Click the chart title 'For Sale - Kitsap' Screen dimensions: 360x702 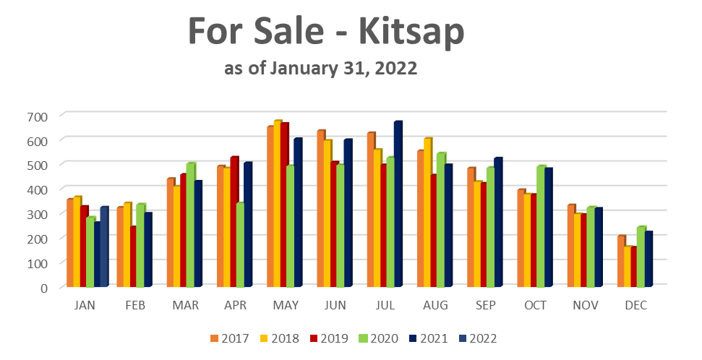coord(326,33)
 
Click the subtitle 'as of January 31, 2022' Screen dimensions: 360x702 coord(320,69)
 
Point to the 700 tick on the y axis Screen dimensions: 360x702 coord(38,116)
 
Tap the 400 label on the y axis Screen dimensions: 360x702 coord(38,189)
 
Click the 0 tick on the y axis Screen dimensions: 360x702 coord(43,287)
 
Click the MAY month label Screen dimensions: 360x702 coord(285,306)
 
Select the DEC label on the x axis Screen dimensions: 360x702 coord(635,306)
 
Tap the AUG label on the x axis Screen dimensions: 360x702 coord(435,306)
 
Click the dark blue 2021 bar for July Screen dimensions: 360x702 coord(397,206)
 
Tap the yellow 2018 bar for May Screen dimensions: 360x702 coord(277,205)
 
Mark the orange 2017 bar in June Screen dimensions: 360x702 coord(320,210)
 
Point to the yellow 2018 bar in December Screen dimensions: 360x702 coord(627,267)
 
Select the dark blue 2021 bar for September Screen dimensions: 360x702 coord(497,224)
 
